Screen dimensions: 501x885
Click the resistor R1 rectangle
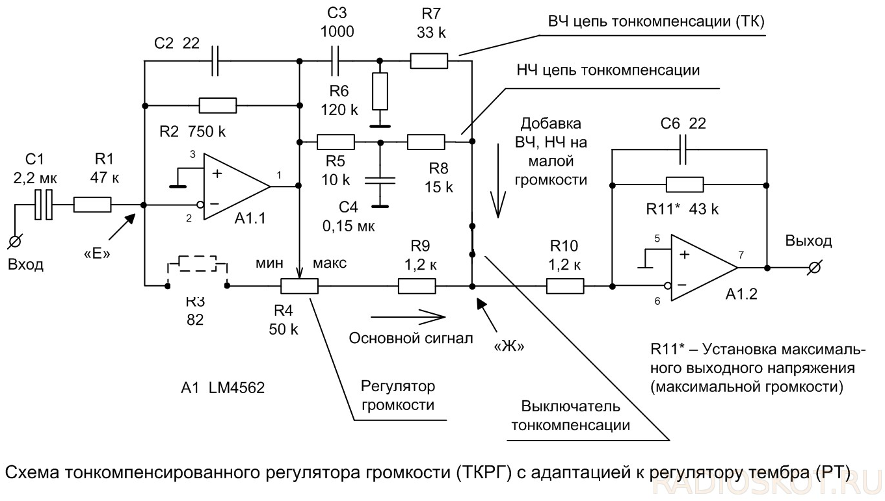click(x=92, y=205)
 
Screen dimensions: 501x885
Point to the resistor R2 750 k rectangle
click(x=217, y=105)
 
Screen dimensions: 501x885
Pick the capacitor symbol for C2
click(x=217, y=62)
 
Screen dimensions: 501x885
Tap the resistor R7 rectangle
click(x=429, y=62)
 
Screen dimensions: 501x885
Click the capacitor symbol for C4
click(x=380, y=180)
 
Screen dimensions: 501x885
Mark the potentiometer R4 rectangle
click(x=299, y=285)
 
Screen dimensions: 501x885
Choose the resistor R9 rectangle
click(x=416, y=285)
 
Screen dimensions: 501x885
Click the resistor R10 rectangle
click(x=564, y=285)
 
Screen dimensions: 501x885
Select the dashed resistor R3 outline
click(x=198, y=264)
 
